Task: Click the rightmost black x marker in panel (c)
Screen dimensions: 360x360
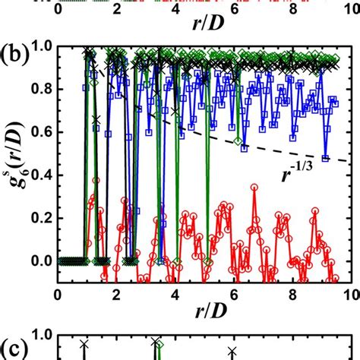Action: click(232, 351)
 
